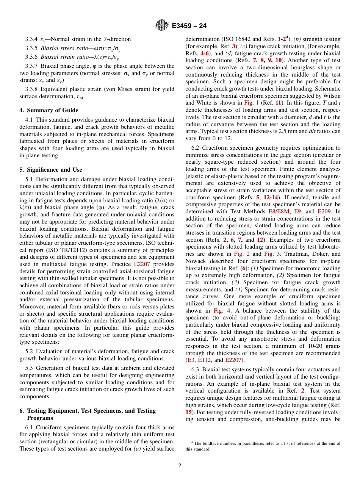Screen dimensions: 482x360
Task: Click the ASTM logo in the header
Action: (x=162, y=26)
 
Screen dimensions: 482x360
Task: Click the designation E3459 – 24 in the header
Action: (x=189, y=26)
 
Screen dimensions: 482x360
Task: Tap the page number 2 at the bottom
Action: (x=180, y=466)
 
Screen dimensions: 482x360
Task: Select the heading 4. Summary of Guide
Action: (x=49, y=110)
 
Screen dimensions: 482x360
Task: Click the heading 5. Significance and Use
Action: (x=51, y=170)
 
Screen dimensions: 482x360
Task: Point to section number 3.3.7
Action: (x=32, y=66)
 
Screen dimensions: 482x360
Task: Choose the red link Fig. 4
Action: (x=213, y=311)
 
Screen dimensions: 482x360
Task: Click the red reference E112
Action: (x=204, y=360)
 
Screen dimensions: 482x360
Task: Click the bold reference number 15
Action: (x=188, y=412)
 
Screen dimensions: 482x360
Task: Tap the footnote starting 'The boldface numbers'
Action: (x=263, y=446)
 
